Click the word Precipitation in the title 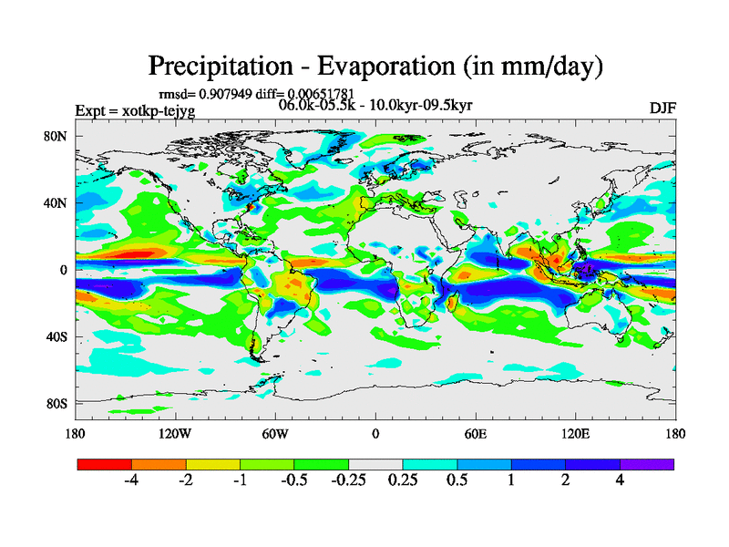point(220,67)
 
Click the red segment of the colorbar point(105,464)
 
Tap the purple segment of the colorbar point(647,464)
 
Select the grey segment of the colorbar point(375,464)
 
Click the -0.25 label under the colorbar point(347,480)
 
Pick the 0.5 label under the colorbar point(457,480)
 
